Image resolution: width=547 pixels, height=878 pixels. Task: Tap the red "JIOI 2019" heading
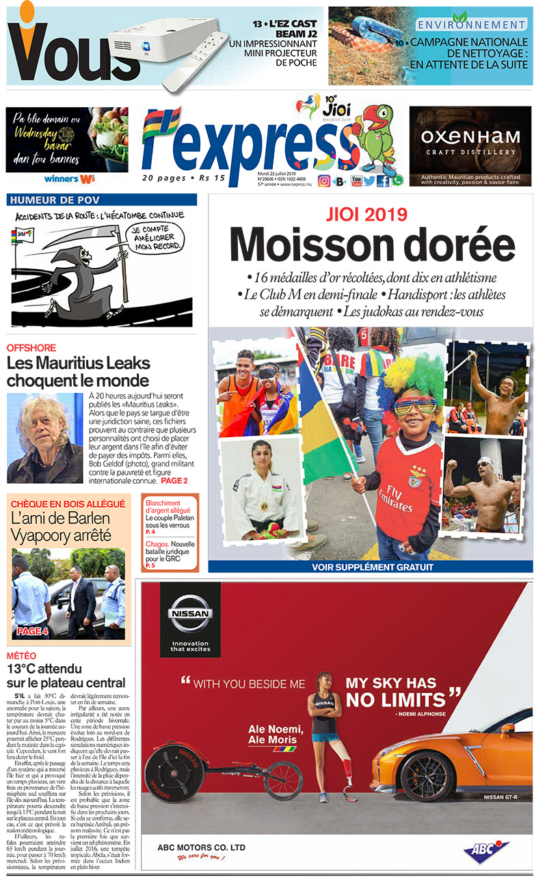tap(372, 215)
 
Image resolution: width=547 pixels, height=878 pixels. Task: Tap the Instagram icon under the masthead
tap(324, 181)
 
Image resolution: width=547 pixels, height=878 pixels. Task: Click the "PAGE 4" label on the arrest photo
tap(32, 631)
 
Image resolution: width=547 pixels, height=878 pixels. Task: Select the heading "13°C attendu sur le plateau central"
tap(66, 676)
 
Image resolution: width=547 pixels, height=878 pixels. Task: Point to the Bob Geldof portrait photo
tap(44, 437)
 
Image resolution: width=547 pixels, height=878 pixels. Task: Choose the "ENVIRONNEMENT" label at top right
tap(472, 25)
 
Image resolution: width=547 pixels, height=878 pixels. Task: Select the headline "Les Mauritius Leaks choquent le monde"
tap(78, 371)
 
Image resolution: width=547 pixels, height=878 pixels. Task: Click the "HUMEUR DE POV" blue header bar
tap(101, 200)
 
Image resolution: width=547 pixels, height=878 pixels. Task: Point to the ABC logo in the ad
tap(486, 850)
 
